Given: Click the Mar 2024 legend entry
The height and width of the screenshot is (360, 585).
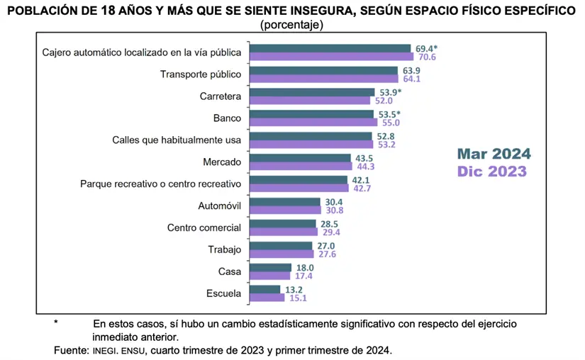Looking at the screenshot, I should pyautogui.click(x=494, y=154).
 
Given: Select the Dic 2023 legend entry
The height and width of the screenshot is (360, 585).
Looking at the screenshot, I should pyautogui.click(x=492, y=171).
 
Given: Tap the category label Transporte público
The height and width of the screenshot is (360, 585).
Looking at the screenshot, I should pyautogui.click(x=201, y=74).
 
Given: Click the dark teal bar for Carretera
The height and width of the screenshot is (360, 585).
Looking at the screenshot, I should pyautogui.click(x=313, y=92).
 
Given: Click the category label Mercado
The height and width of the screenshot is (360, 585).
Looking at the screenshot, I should pyautogui.click(x=223, y=162).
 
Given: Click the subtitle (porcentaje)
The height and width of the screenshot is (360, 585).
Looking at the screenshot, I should pyautogui.click(x=292, y=25).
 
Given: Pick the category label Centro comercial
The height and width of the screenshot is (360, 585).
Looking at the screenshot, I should pyautogui.click(x=204, y=227).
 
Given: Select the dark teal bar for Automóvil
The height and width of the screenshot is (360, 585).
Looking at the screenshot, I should pyautogui.click(x=286, y=202).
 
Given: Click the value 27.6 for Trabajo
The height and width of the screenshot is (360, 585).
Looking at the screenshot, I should pyautogui.click(x=325, y=254).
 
